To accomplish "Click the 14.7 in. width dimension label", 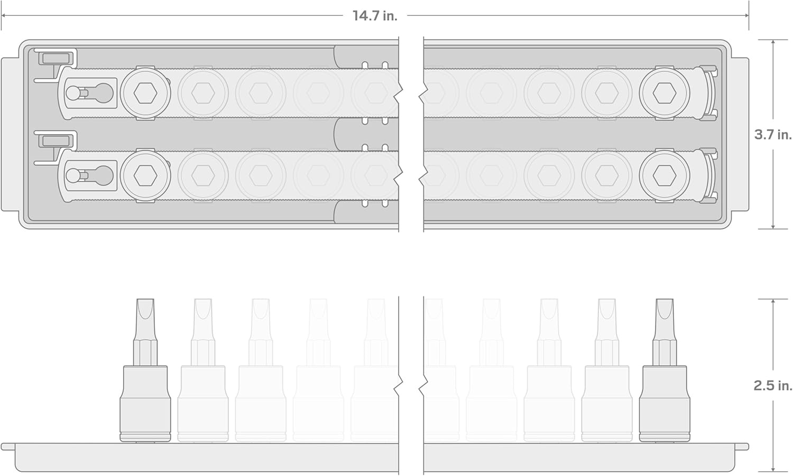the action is point(375,15).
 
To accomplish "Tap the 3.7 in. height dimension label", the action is point(773,135).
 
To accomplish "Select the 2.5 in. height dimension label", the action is point(773,385).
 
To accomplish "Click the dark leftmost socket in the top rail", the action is point(145,93).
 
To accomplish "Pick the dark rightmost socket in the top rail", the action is point(665,93).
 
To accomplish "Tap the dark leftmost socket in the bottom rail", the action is point(145,175).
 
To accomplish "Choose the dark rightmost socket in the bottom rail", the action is point(665,175).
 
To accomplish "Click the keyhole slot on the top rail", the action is point(89,93).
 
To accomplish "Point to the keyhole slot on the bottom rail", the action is point(89,175).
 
